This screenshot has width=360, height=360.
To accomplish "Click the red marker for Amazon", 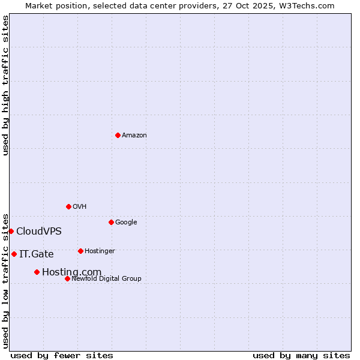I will click(118, 135).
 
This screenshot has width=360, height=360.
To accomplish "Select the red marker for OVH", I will click(68, 206).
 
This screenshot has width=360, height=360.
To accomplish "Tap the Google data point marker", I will click(111, 222).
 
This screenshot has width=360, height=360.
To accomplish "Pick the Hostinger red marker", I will click(80, 251).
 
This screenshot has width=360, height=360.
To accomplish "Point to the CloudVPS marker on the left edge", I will click(11, 231).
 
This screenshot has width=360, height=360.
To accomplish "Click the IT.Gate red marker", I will click(14, 254).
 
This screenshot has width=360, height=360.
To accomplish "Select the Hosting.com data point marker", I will click(37, 272).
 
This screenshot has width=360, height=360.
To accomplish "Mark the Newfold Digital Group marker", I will click(67, 278).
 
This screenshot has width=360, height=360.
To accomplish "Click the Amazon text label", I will click(134, 136).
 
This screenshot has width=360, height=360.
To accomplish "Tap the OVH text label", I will click(80, 207).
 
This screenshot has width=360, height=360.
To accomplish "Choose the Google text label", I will click(126, 223).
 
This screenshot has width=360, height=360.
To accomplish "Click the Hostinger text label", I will click(100, 251).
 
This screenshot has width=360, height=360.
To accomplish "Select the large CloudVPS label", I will click(38, 232).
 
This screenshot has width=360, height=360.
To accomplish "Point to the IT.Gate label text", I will click(36, 254).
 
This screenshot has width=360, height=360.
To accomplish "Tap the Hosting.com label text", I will click(71, 272).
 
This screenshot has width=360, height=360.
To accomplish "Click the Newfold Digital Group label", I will click(106, 279).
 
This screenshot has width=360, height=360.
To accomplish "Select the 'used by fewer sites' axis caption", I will click(62, 355).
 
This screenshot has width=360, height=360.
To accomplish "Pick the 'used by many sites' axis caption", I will click(301, 355).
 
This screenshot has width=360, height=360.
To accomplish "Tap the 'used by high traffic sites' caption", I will click(5, 85).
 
